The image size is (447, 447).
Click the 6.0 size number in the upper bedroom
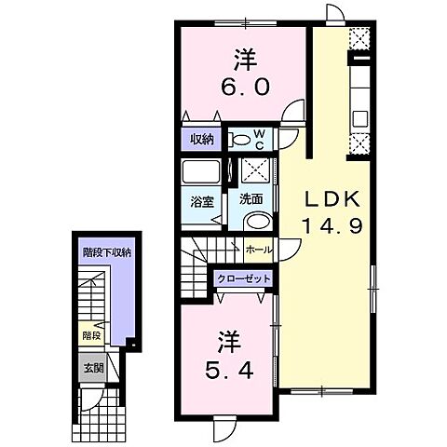click(246, 86)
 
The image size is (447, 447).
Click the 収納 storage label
click(201, 140)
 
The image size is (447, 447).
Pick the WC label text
click(261, 140)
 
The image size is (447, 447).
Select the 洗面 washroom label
click(250, 198)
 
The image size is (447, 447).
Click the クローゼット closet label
click(243, 278)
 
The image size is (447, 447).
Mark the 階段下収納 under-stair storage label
click(106, 251)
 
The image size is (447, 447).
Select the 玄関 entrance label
click(91, 366)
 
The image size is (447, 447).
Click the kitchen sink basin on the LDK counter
click(359, 119)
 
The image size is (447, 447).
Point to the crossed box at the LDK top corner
click(360, 39)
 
